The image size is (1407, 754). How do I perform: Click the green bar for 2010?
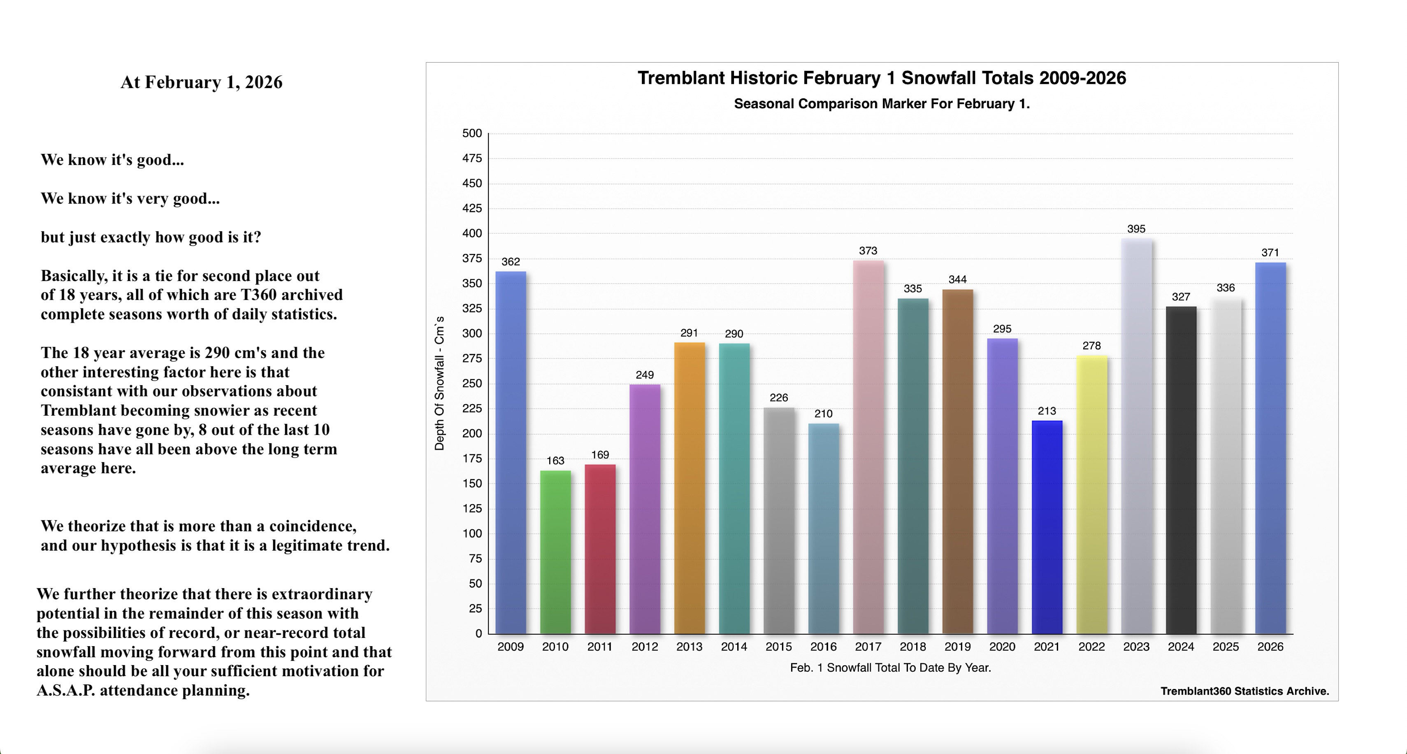(555, 552)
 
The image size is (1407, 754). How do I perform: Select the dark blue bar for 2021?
(1047, 527)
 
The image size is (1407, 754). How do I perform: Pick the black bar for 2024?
(1181, 470)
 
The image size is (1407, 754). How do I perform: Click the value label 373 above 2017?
(868, 251)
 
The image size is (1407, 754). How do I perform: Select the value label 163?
(555, 461)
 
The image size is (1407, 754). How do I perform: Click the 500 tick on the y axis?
(472, 133)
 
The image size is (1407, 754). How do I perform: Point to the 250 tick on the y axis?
(472, 384)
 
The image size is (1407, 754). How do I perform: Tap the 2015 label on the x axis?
(778, 647)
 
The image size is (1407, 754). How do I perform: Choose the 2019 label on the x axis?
(957, 647)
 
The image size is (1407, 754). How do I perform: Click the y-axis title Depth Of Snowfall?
(439, 383)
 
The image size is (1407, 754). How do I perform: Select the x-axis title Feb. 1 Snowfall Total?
(890, 668)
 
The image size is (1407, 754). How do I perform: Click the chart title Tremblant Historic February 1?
(882, 78)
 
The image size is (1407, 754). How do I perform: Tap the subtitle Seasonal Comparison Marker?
(882, 104)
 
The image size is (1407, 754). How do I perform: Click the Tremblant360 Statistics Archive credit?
(1244, 691)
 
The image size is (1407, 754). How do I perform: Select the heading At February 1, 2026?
(202, 82)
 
